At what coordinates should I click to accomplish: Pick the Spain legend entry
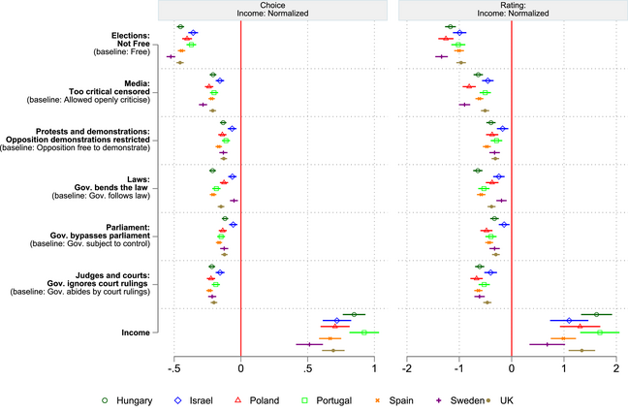[x=411, y=399]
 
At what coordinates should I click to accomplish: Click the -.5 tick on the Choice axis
[x=174, y=368]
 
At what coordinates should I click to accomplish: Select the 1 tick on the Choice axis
[x=373, y=368]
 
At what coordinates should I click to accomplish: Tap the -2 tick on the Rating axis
[x=408, y=368]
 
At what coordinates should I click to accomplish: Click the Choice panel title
[x=274, y=10]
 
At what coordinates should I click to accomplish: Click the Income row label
[x=135, y=333]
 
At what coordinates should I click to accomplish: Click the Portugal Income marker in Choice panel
[x=364, y=332]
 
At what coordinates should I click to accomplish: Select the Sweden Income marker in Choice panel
[x=309, y=344]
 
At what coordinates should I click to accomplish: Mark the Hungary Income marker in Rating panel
[x=596, y=314]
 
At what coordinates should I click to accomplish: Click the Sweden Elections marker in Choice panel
[x=172, y=57]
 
